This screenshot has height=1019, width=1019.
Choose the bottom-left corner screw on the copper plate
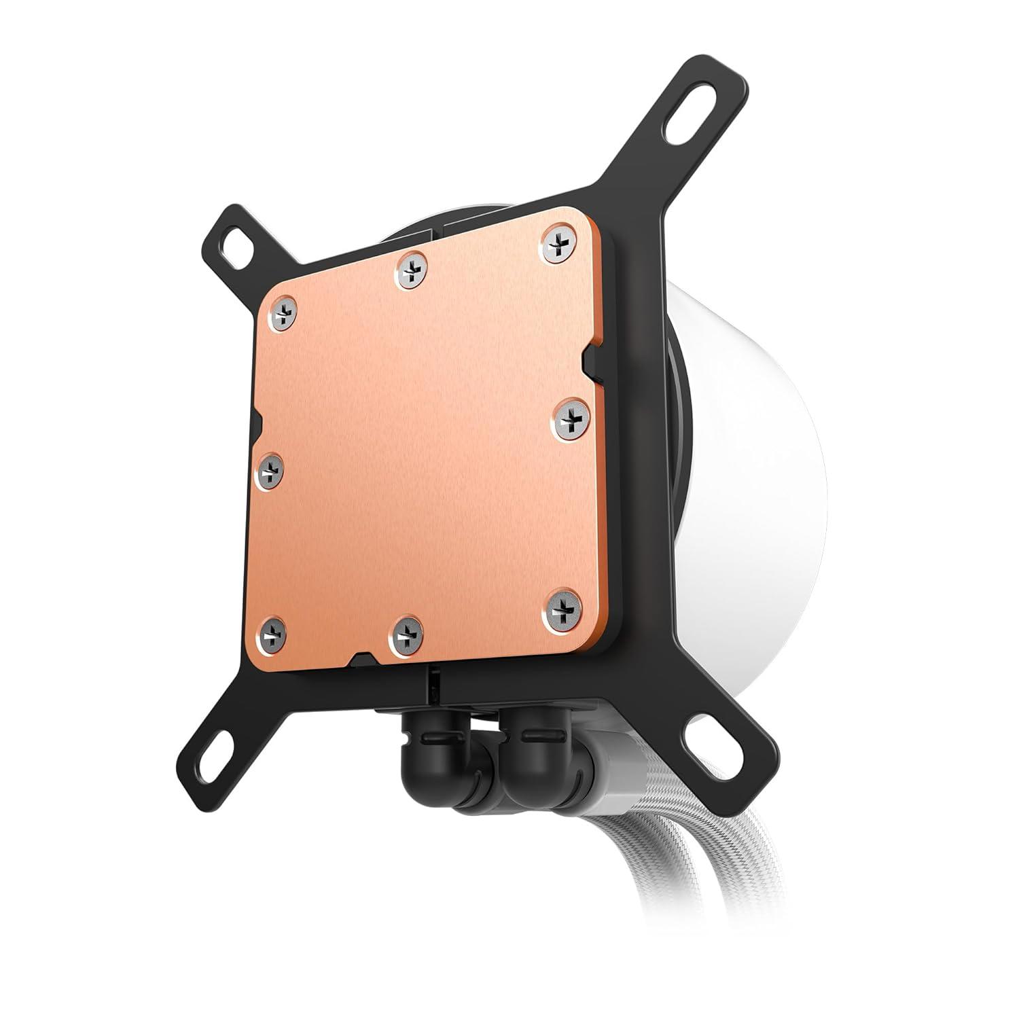pyautogui.click(x=272, y=633)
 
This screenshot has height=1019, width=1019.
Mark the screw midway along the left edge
pyautogui.click(x=270, y=468)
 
